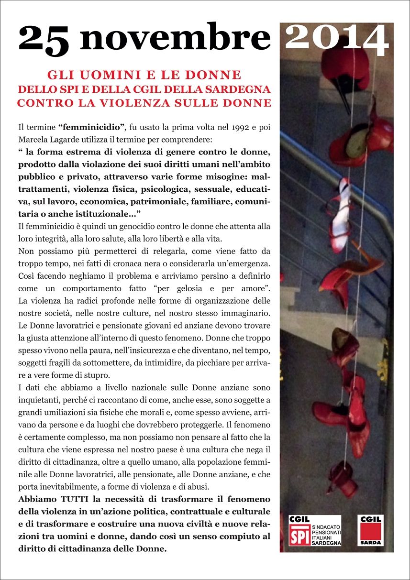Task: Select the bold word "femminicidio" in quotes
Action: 92,128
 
